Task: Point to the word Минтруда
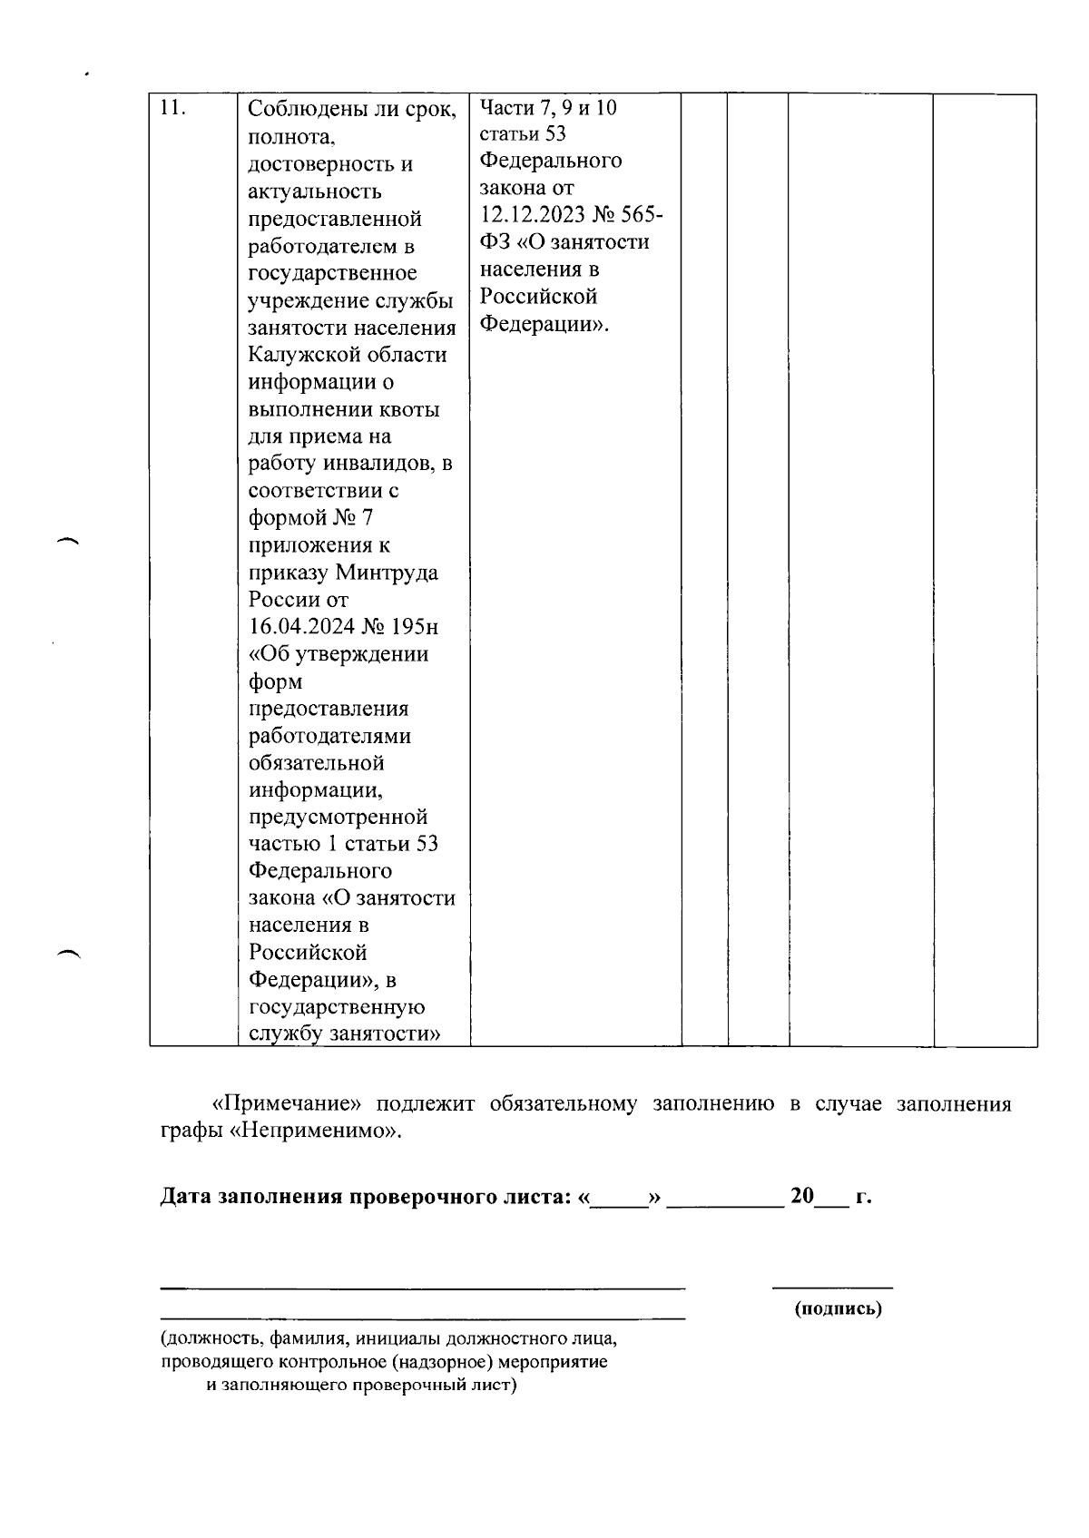pos(387,573)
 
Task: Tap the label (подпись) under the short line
pos(838,1308)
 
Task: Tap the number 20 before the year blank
pos(802,1196)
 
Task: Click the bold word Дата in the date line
pos(186,1196)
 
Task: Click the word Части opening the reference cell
pos(506,108)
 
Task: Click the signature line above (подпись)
pos(832,1288)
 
